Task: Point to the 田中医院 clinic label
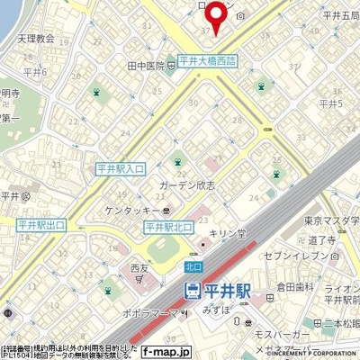[146, 67]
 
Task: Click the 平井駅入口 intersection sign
[120, 167]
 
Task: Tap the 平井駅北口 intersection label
[168, 227]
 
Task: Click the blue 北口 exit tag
[191, 266]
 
